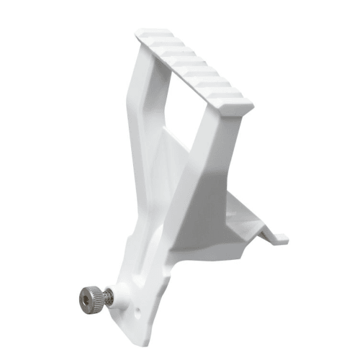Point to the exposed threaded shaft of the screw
click(106, 295)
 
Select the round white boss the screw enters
click(121, 292)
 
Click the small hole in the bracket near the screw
click(138, 313)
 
